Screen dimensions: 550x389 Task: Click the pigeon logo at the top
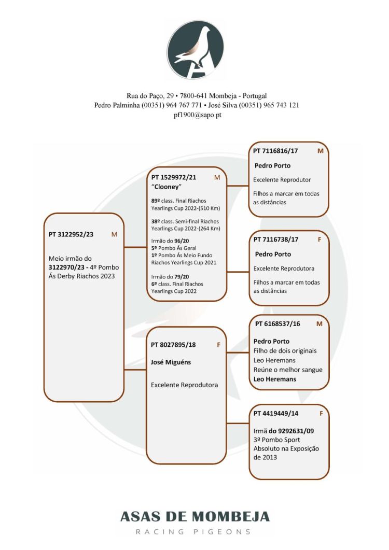click(x=195, y=50)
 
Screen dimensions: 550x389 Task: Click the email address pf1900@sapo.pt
click(x=195, y=115)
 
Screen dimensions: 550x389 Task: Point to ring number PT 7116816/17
click(x=275, y=151)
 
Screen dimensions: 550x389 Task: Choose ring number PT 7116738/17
click(x=275, y=239)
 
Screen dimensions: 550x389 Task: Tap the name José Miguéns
click(x=171, y=362)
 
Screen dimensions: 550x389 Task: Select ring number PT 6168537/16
click(x=277, y=324)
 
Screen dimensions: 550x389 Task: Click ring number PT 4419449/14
click(x=275, y=413)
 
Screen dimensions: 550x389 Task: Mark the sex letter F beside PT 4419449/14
click(x=321, y=413)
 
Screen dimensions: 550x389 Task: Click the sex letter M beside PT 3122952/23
click(x=114, y=234)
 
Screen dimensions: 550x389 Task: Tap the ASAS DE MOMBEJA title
click(x=195, y=517)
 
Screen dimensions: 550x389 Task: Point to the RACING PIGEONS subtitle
click(x=195, y=531)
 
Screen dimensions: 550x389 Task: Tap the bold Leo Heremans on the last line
click(x=274, y=379)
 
